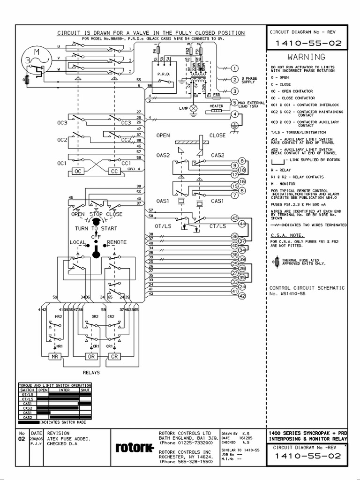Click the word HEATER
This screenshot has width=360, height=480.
(216, 106)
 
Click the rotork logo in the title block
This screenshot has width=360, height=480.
(135, 449)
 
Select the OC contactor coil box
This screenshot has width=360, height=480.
(78, 172)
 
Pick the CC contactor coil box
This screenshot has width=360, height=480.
(115, 172)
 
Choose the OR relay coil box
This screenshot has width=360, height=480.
(92, 357)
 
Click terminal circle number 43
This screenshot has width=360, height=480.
(235, 218)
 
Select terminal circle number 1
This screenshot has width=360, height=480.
(235, 68)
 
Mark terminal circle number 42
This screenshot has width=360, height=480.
(242, 296)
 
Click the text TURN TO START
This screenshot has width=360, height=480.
(96, 228)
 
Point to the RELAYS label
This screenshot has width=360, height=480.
(91, 373)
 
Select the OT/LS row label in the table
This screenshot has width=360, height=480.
(27, 394)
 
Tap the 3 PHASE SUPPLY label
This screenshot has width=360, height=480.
(249, 80)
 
